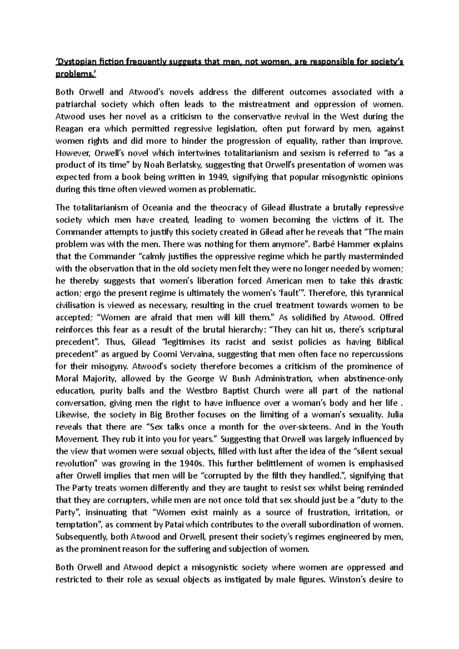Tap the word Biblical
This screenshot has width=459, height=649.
388,342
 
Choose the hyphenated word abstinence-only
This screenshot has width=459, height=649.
376,379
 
